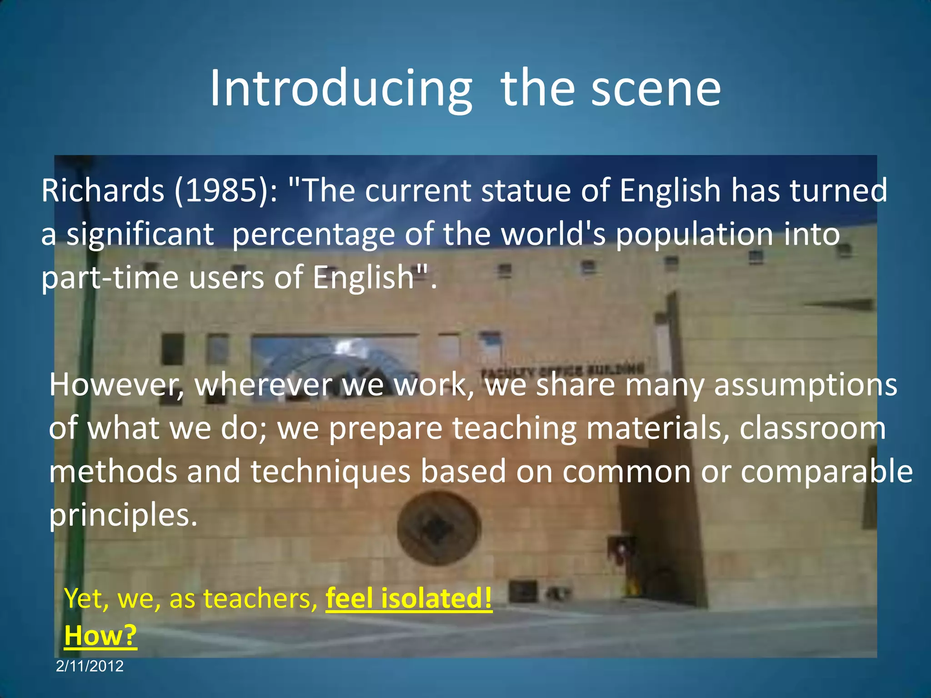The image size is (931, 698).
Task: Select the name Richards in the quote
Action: (103, 191)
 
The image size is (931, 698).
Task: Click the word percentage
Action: (313, 235)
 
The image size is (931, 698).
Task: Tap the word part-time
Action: (110, 278)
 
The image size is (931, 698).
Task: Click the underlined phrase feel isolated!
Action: (409, 598)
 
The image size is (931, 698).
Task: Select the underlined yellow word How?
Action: (100, 635)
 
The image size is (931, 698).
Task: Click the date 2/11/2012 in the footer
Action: (90, 666)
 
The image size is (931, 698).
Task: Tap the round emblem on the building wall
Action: (439, 528)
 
